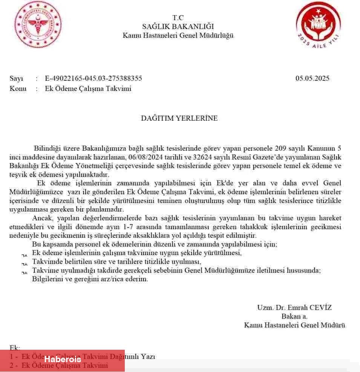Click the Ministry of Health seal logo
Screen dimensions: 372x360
[x=38, y=25]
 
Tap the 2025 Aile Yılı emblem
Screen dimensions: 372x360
[x=318, y=26]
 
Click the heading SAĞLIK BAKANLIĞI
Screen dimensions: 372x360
[x=178, y=27]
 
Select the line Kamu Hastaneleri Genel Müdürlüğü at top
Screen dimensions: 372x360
[x=178, y=36]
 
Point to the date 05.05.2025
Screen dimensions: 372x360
[x=312, y=78]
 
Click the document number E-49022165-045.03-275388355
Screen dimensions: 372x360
[x=93, y=78]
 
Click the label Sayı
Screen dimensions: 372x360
[x=16, y=78]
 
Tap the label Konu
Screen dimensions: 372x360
[x=18, y=89]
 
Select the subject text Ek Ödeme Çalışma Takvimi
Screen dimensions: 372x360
[x=88, y=89]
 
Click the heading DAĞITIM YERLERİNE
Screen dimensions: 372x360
[x=179, y=118]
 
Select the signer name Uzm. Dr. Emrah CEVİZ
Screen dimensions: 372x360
[x=294, y=307]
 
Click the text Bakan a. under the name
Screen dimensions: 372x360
[x=294, y=316]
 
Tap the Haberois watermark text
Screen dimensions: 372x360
[x=63, y=360]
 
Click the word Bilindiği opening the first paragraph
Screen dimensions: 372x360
[x=47, y=148]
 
